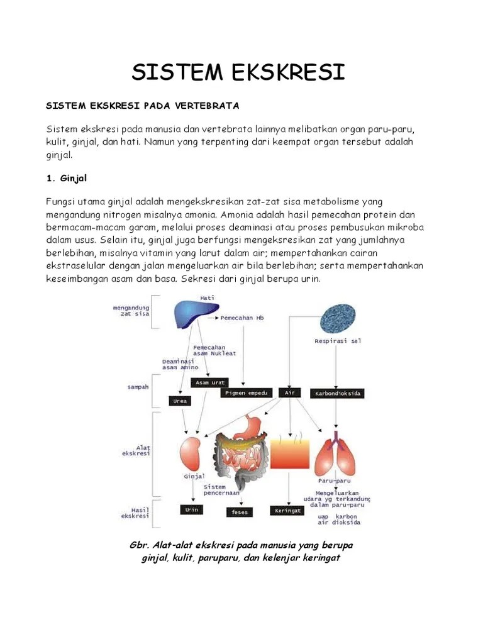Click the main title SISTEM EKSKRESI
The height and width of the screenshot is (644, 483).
tap(238, 72)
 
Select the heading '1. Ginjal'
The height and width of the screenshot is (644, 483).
tap(70, 179)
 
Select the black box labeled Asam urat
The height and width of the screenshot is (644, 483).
tap(210, 382)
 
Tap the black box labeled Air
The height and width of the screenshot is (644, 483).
tap(289, 392)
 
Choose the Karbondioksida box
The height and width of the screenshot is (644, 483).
tap(337, 393)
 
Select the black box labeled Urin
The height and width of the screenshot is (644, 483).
tap(191, 509)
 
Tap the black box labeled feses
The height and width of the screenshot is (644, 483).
tap(240, 512)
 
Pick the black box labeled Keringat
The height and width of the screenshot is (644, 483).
tap(287, 510)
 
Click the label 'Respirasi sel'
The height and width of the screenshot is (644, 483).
tap(338, 341)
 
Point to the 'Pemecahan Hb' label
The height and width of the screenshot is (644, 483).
tap(242, 318)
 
